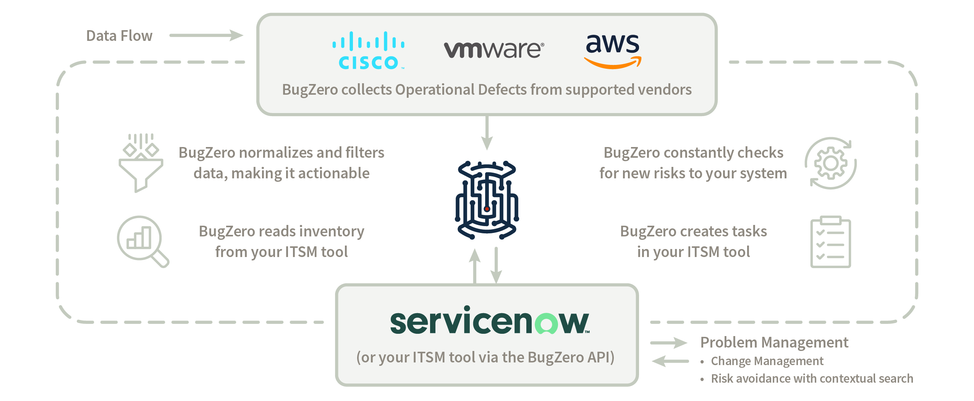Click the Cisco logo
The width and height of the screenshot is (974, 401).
368,51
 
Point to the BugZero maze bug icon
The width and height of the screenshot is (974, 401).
487,200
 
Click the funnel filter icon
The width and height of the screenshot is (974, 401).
141,163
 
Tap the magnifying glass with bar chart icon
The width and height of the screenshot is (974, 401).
142,241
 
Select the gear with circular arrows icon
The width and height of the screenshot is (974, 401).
830,163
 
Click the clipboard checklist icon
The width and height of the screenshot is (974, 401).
830,242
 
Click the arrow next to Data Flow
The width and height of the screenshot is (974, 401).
206,36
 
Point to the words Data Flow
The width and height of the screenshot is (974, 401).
119,36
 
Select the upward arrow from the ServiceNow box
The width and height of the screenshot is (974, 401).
475,266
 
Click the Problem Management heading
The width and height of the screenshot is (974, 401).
774,343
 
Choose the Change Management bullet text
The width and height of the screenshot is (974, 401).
767,361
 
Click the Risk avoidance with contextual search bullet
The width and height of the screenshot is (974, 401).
812,378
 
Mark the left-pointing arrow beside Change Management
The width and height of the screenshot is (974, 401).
670,361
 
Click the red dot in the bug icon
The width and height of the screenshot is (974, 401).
487,209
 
